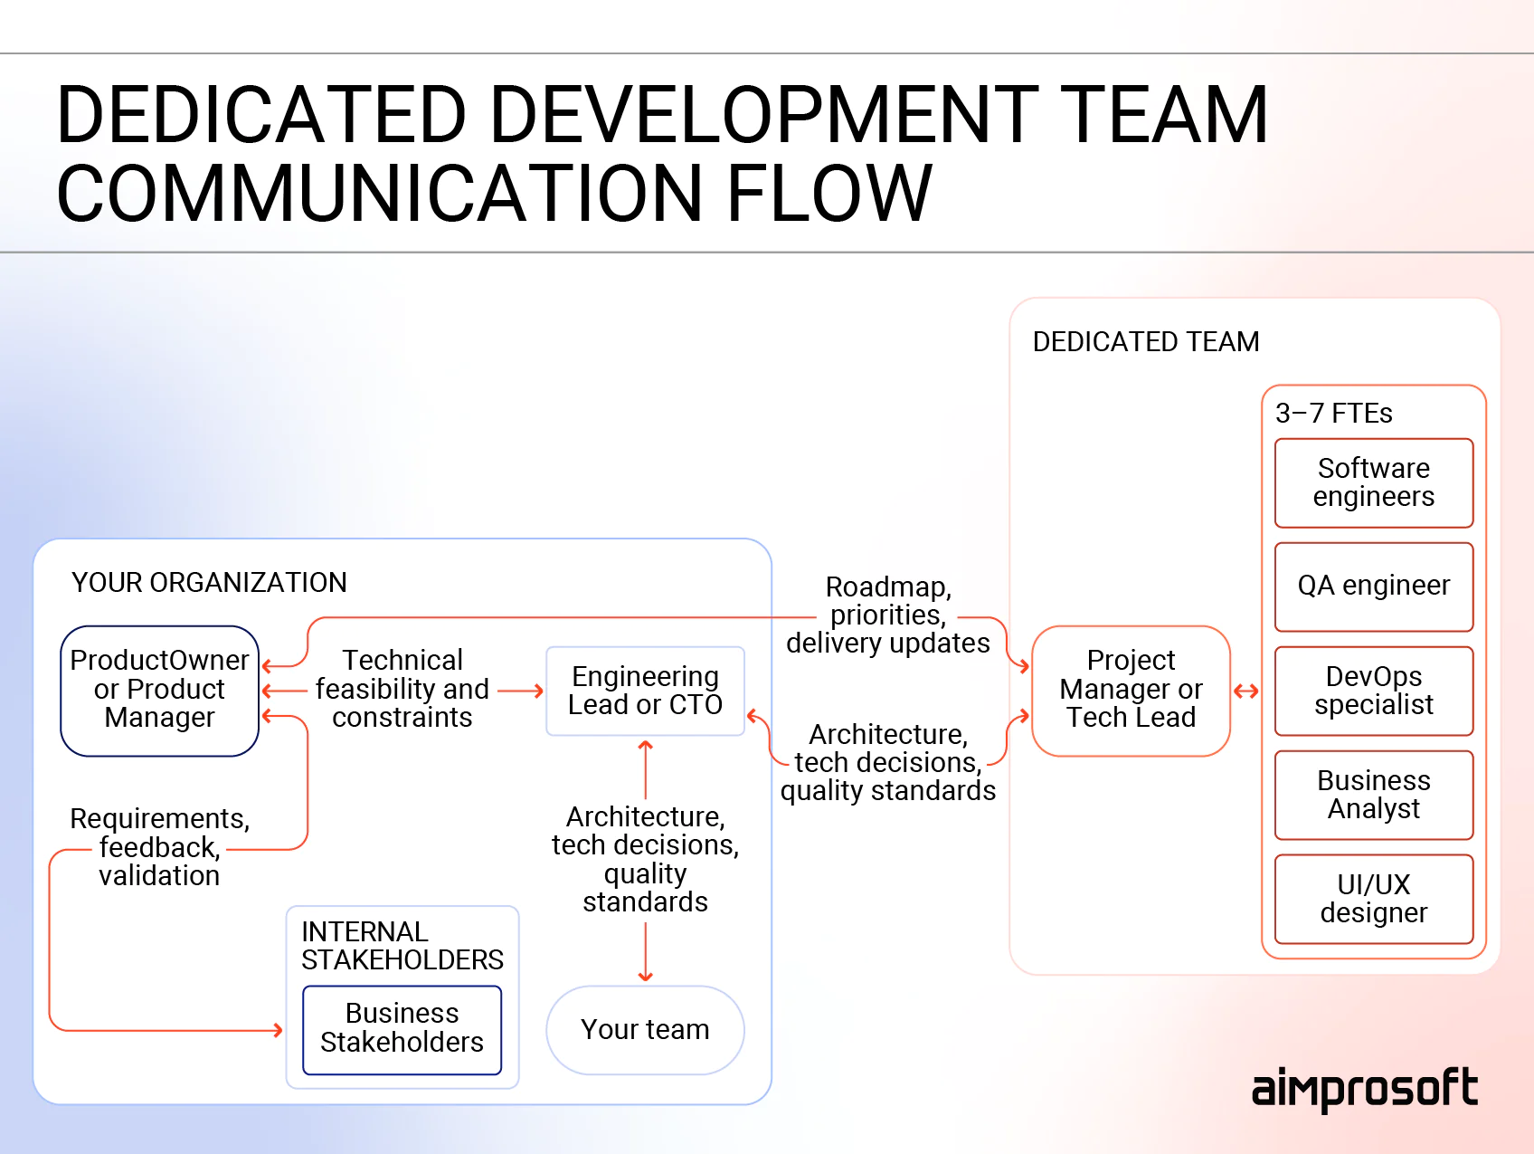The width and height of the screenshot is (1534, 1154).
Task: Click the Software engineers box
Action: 1373,482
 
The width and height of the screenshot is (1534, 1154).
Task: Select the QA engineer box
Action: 1373,587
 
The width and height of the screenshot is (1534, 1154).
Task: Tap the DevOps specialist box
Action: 1373,691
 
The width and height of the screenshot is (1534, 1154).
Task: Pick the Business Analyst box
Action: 1373,795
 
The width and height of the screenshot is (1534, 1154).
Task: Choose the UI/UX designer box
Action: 1373,899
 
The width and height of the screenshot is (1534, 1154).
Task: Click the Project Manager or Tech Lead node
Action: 1131,690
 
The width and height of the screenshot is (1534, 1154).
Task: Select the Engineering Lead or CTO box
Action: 645,691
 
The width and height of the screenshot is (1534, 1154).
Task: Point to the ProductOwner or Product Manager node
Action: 159,690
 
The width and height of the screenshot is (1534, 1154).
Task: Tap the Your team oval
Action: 645,1030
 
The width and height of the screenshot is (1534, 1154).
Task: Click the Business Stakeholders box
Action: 402,1029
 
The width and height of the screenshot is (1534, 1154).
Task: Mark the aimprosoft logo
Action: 1364,1090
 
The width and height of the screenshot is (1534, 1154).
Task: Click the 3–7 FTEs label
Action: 1333,414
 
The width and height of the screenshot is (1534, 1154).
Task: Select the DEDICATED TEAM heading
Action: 1145,342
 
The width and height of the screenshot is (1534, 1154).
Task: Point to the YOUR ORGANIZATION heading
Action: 209,583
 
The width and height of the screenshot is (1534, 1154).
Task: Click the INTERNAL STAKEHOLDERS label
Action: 402,946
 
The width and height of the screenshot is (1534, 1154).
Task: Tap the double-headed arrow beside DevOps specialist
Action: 1246,691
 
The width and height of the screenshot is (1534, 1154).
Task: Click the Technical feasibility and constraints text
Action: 402,689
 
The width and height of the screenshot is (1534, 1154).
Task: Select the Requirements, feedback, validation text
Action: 159,847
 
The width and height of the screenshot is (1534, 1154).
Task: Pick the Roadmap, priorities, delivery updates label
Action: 887,615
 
